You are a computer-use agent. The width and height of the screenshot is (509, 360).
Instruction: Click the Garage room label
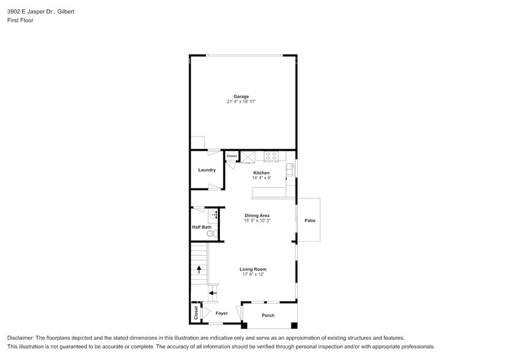(x=241, y=96)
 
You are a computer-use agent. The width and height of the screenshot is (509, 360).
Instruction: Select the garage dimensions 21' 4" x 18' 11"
(x=241, y=101)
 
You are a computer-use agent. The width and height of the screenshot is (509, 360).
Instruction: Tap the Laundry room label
(x=206, y=170)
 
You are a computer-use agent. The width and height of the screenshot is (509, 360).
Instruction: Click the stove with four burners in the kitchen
(x=271, y=157)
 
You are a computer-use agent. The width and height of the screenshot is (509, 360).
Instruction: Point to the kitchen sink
(x=291, y=168)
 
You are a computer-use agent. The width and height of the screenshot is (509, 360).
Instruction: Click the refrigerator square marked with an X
(x=247, y=157)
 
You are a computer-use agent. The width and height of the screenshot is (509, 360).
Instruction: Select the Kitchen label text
(x=262, y=173)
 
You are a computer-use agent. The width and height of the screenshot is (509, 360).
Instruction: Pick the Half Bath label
(x=202, y=227)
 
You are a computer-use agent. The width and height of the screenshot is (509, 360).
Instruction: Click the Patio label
(x=309, y=220)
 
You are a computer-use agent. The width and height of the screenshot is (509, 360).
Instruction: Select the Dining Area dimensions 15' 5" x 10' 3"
(x=257, y=220)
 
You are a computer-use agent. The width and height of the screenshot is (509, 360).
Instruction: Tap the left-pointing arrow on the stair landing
(x=212, y=293)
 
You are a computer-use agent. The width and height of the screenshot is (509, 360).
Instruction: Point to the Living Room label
(x=252, y=269)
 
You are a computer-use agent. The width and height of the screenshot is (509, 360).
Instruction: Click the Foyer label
(x=221, y=313)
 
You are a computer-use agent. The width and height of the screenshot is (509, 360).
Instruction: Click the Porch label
(x=268, y=315)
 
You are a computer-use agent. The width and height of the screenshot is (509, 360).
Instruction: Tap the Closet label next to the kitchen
(x=232, y=156)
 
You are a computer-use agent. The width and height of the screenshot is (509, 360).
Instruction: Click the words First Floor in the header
(x=20, y=20)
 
